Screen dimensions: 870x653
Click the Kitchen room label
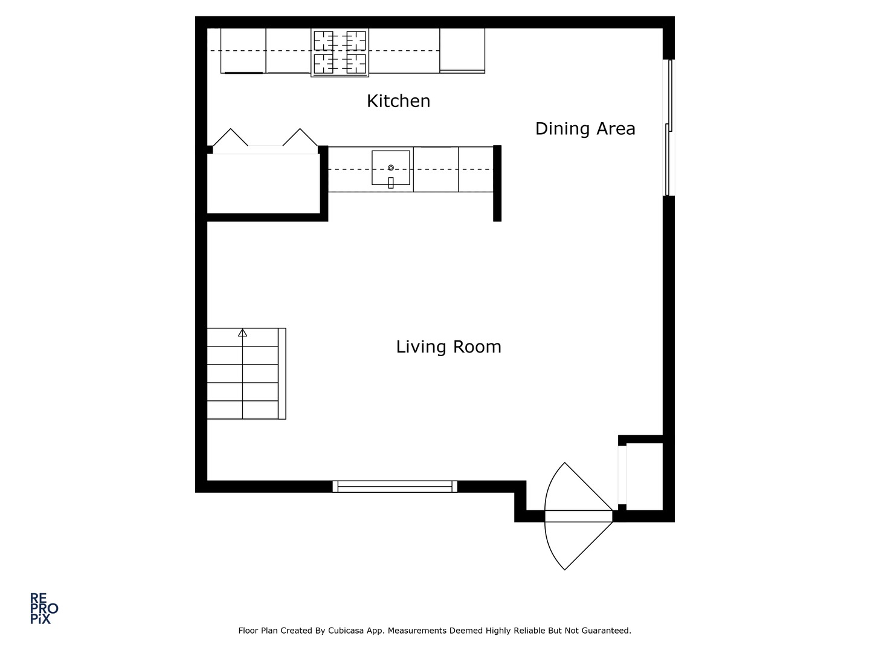coord(398,101)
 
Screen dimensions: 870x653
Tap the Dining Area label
coord(585,129)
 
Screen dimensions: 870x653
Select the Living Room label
coord(448,347)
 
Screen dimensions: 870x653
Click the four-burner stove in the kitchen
coord(340,53)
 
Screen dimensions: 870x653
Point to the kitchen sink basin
coord(390,167)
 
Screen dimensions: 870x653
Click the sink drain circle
coord(391,167)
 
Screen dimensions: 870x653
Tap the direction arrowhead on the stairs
coord(242,333)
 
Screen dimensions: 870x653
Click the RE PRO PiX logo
coord(44,608)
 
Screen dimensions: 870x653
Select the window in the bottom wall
coord(395,487)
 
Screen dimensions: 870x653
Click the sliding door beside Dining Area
coord(669,128)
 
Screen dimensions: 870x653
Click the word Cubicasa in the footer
coord(344,631)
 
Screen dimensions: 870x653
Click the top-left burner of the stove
coord(324,41)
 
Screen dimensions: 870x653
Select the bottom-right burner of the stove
coord(355,64)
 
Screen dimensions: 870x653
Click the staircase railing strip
coord(282,374)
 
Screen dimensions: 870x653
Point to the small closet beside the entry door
coord(644,476)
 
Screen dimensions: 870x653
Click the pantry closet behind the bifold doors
coord(263,184)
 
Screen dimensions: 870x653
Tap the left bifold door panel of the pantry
coord(230,137)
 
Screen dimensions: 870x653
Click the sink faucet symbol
coord(391,183)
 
